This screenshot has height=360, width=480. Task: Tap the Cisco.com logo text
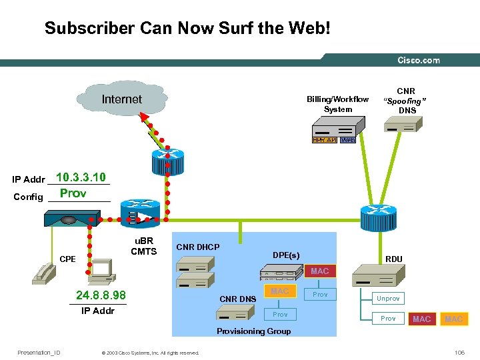tap(419, 60)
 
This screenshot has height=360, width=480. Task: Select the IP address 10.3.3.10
tap(81, 177)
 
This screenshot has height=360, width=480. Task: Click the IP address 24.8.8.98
tap(101, 295)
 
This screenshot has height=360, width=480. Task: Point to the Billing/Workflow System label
tap(337, 104)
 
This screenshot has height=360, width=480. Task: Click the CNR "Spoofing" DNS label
tap(406, 100)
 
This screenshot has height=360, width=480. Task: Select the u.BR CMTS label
tap(143, 246)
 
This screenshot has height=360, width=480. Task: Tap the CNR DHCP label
tap(197, 247)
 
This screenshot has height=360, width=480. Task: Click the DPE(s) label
tap(286, 255)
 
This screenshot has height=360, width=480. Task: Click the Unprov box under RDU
tap(388, 299)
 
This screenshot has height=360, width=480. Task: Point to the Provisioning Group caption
tap(254, 331)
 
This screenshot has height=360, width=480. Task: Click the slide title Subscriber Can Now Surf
tap(187, 28)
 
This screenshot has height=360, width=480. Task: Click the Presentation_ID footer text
tap(39, 353)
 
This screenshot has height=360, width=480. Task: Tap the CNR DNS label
tap(237, 299)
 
